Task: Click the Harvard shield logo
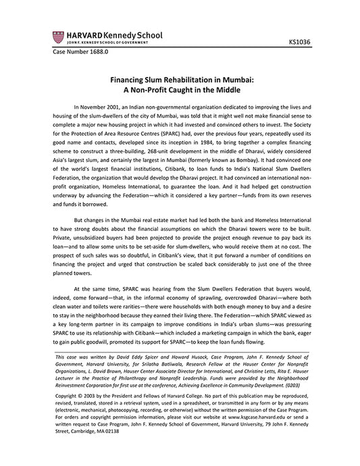pos(55,35)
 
